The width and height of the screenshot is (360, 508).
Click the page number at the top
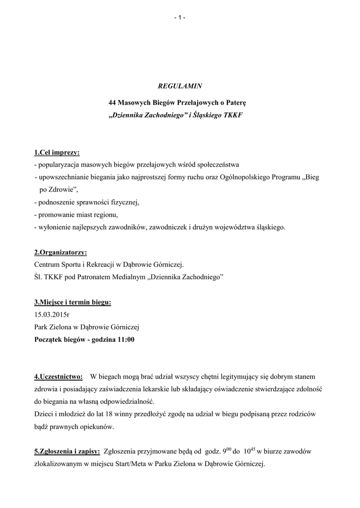(180, 18)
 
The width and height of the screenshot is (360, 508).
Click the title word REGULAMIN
(180, 86)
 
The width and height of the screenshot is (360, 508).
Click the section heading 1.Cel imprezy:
(57, 152)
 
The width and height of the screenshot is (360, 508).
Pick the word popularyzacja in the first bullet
(57, 164)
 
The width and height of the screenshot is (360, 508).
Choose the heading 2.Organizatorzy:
(60, 253)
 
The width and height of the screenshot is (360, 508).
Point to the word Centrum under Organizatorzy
(47, 265)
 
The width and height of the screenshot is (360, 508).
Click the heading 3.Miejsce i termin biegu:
(72, 302)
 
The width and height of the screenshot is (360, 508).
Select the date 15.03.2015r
(52, 315)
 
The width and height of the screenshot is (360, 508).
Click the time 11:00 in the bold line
(125, 340)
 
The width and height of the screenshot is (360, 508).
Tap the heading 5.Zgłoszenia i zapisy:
(67, 451)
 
